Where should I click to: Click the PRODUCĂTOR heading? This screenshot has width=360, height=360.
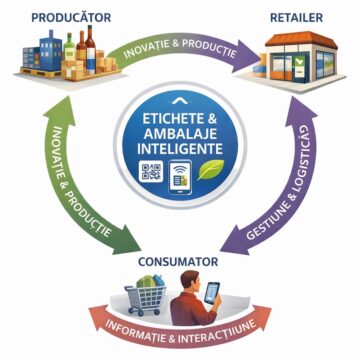pos(71,17)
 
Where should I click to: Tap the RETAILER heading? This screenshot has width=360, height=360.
pos(296,18)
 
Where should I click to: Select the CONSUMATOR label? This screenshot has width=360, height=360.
pos(178,262)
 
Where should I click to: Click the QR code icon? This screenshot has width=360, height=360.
pos(151,171)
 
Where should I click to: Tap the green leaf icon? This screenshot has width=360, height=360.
pos(210,170)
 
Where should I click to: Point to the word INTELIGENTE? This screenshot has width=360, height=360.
pos(180,148)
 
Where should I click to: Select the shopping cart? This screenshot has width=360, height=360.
pos(146,296)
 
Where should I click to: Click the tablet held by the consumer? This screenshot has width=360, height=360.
pos(212,293)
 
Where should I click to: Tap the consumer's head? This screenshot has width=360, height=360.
pos(191,281)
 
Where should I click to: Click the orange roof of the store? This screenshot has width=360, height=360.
pos(301,39)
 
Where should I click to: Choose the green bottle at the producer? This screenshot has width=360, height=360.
pos(70,47)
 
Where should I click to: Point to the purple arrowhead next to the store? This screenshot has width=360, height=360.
pos(248,55)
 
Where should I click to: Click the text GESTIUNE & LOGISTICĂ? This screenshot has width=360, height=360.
pos(281,182)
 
